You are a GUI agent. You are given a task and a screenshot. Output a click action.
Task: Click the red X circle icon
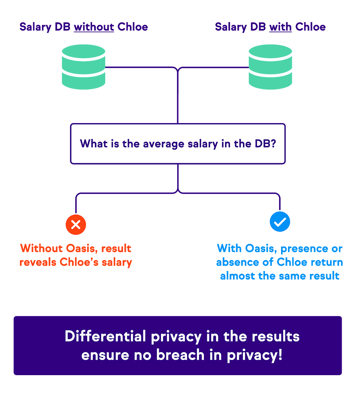[x=76, y=225]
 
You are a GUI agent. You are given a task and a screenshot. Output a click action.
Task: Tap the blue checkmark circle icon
[x=280, y=222]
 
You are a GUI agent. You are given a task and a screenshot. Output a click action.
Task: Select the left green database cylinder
[x=84, y=67]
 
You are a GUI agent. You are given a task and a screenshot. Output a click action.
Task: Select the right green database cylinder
[x=270, y=67]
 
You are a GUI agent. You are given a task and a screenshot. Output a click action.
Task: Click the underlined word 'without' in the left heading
[x=94, y=27]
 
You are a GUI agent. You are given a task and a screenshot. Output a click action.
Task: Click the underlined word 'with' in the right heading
[x=280, y=27]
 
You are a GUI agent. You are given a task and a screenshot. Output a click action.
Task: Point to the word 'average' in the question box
[x=164, y=144]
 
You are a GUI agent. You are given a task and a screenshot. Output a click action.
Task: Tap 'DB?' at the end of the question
[x=265, y=144]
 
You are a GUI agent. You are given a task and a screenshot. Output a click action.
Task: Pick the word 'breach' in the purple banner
[x=180, y=355]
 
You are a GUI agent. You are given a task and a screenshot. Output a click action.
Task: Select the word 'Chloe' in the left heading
[x=133, y=27]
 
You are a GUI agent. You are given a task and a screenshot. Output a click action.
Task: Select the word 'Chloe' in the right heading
[x=310, y=27]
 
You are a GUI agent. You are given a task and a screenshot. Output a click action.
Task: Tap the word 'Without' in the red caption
[x=41, y=248]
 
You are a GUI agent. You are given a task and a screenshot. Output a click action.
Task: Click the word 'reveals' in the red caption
[x=38, y=262]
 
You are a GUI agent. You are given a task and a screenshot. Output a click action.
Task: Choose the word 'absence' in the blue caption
[x=237, y=262]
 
